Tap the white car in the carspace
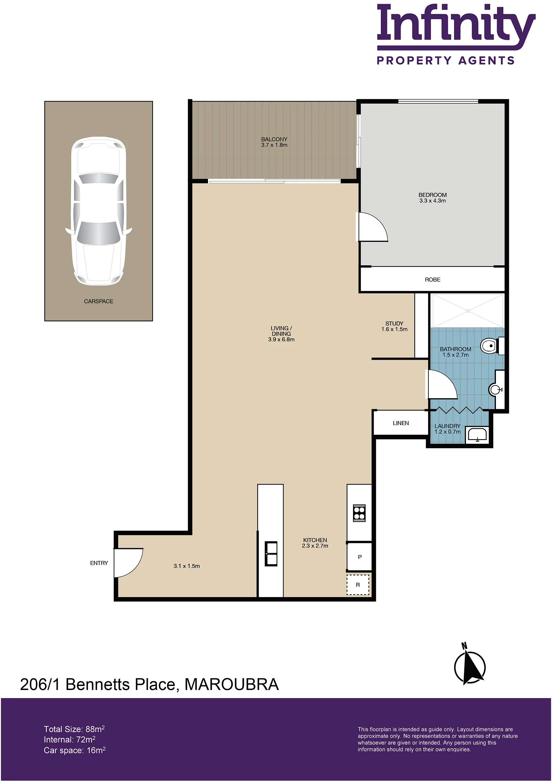[x=99, y=211]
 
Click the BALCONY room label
[x=274, y=139]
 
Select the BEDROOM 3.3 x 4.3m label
[x=432, y=198]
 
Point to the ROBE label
[x=432, y=280]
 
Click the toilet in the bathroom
[x=492, y=346]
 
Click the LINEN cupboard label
[x=401, y=423]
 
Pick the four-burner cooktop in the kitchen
[x=359, y=513]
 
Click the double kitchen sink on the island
[x=271, y=553]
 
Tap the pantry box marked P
[x=359, y=557]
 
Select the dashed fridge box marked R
[x=358, y=585]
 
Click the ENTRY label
[x=99, y=563]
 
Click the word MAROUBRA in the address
[x=232, y=684]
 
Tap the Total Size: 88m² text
[x=74, y=729]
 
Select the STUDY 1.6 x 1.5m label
[x=394, y=326]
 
